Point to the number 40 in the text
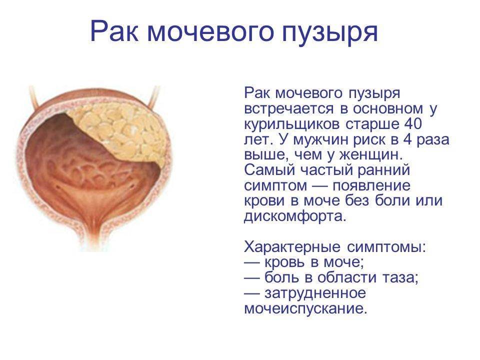(x=413, y=123)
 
